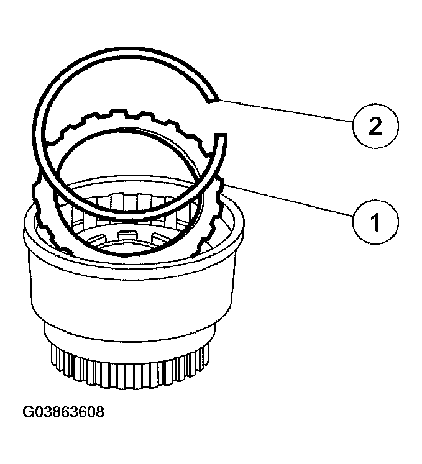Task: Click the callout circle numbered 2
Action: pos(374,126)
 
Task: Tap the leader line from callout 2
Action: pos(286,112)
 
